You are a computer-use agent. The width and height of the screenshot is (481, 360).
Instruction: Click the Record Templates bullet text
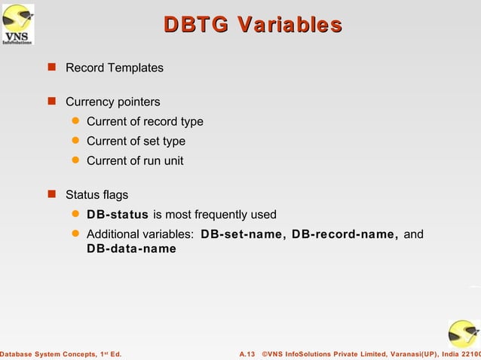114,68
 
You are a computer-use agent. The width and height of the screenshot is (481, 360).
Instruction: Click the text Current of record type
145,121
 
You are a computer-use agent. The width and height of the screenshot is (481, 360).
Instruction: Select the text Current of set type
136,141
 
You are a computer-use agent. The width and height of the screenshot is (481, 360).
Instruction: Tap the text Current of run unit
135,160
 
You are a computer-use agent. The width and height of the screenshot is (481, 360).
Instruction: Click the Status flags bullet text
97,195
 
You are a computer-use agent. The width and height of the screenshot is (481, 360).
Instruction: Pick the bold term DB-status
117,215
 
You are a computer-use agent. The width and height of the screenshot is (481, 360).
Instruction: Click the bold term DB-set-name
243,235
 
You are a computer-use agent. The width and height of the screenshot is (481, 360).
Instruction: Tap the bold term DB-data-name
131,249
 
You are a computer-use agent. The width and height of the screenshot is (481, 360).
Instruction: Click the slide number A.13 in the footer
247,353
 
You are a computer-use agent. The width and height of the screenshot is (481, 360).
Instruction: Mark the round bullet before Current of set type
75,141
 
